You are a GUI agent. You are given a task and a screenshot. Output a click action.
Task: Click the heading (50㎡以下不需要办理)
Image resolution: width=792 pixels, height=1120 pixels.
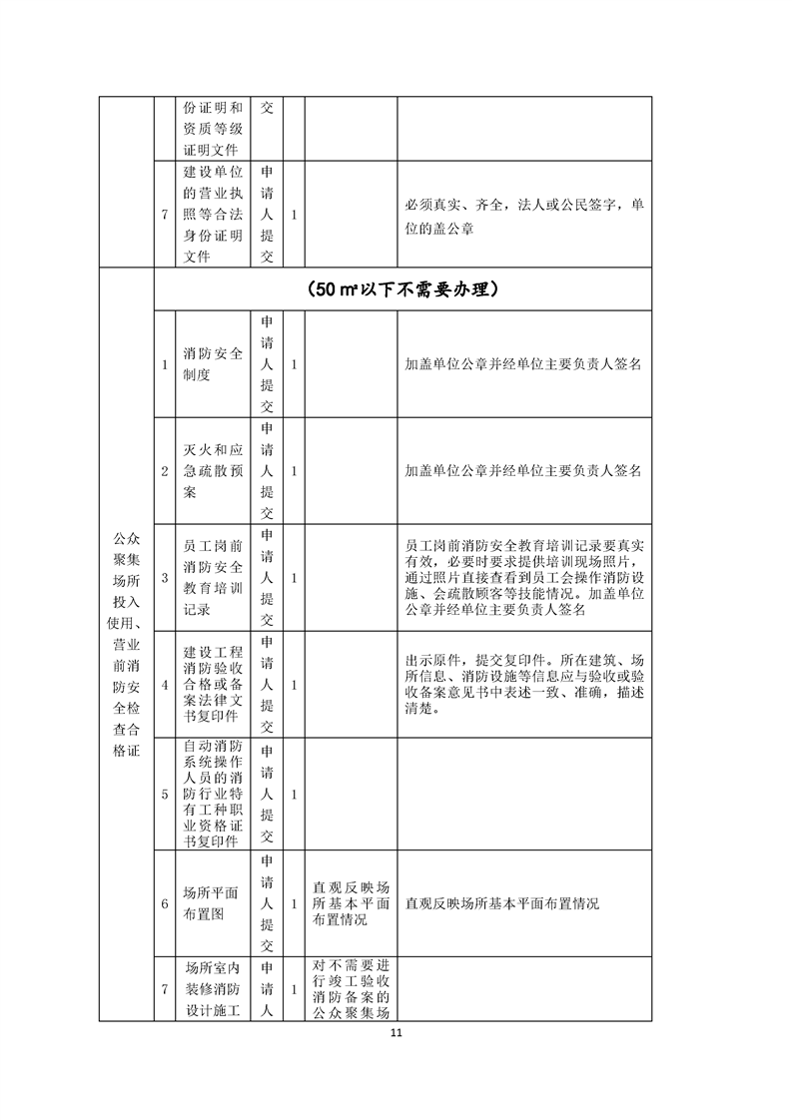point(402,290)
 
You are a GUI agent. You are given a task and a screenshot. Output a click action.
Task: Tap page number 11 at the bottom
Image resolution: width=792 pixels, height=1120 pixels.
point(396,1033)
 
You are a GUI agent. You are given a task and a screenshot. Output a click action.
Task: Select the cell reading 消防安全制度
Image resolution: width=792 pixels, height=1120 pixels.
point(213,364)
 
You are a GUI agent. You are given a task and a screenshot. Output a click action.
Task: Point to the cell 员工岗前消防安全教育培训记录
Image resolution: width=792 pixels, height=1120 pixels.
point(213,577)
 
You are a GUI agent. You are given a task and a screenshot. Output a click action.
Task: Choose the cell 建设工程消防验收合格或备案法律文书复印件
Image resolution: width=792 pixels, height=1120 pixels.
point(213,685)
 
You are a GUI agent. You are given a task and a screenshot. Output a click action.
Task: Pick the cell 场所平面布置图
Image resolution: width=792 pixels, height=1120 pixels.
point(213,903)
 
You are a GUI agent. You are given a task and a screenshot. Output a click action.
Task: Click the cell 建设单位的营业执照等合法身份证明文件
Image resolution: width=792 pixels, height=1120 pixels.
point(213,214)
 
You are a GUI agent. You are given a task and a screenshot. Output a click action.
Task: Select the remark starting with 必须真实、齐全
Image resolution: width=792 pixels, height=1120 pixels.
point(523,215)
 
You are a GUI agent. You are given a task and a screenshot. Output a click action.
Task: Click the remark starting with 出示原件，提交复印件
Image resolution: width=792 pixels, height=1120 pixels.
point(523,685)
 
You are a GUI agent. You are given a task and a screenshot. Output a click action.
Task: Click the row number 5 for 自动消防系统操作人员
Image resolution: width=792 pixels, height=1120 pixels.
point(165,795)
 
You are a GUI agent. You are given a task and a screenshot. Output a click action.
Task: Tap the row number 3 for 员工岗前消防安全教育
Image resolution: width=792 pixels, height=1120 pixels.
point(165,577)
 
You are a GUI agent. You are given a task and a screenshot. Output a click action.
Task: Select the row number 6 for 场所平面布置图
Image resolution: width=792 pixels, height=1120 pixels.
point(165,903)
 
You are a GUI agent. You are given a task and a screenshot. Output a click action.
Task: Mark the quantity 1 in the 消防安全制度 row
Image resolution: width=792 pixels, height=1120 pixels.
point(294,364)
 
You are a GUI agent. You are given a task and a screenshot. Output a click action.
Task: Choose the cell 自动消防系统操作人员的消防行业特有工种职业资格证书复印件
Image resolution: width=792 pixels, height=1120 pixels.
point(213,795)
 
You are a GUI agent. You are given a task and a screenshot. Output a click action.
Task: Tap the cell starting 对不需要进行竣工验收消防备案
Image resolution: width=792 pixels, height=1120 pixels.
point(351,989)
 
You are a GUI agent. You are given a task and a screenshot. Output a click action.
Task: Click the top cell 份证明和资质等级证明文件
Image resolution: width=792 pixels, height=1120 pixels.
point(213,128)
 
